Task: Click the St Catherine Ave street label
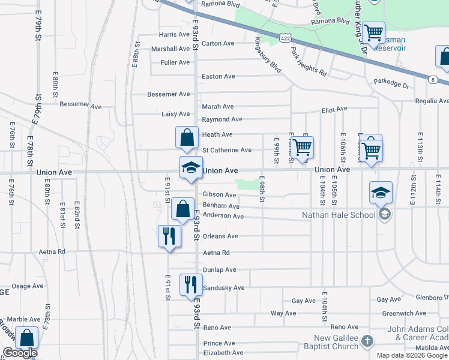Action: click(226, 150)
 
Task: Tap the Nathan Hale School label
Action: click(339, 214)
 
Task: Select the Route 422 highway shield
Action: click(286, 38)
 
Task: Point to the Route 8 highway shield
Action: click(432, 79)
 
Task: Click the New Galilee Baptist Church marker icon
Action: click(367, 341)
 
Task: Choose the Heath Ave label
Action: click(217, 134)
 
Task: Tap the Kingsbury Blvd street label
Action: click(267, 55)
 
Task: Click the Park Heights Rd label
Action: click(308, 61)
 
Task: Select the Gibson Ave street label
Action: click(219, 194)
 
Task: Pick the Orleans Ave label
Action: click(220, 236)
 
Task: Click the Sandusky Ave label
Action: click(223, 288)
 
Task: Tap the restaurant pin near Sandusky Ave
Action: click(191, 285)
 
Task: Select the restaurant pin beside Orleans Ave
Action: click(169, 235)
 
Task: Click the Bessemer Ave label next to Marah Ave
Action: click(169, 94)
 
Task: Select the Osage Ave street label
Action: click(28, 286)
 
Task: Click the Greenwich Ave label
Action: click(406, 313)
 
